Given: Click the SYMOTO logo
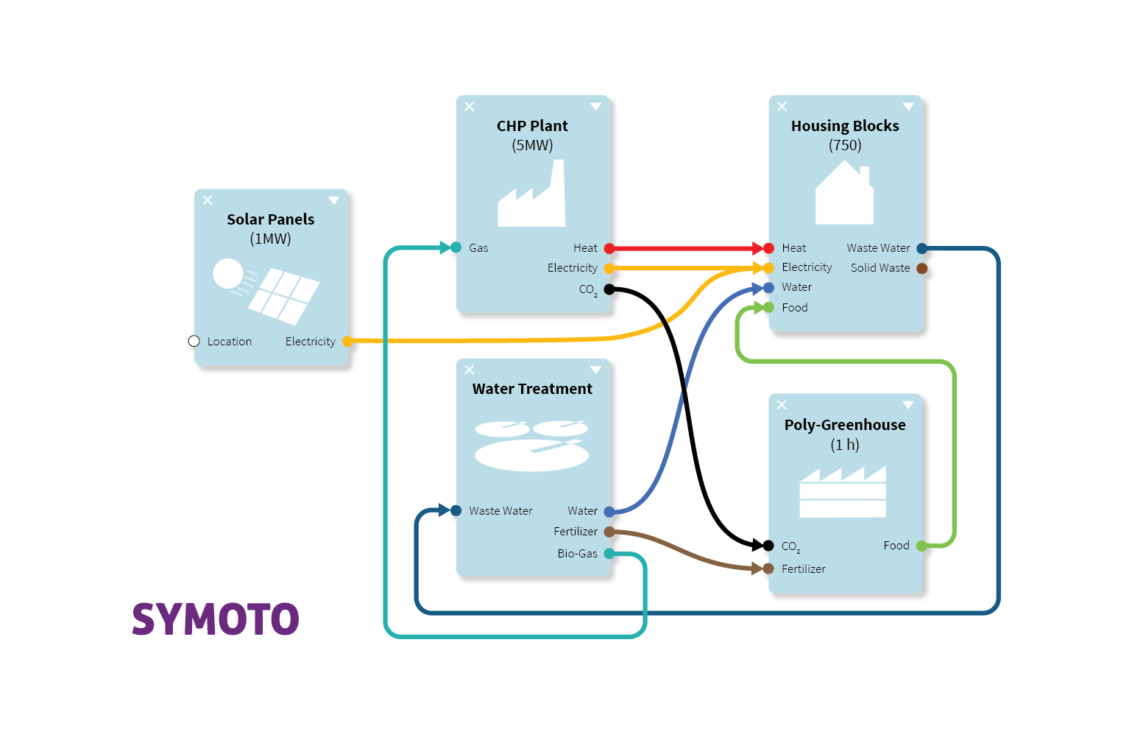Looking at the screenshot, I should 216,619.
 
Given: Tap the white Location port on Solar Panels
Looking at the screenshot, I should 194,341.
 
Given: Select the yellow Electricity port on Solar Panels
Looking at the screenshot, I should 347,341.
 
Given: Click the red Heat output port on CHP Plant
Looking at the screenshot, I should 609,248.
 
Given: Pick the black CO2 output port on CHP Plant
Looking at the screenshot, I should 609,289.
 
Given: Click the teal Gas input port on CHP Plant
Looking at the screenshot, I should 456,247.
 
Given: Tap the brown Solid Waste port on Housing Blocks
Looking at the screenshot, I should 921,268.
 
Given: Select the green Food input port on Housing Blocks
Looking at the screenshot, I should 768,307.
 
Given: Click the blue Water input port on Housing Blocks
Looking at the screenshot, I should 768,287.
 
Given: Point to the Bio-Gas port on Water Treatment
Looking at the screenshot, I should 609,553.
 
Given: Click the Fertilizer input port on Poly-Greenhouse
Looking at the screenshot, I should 768,568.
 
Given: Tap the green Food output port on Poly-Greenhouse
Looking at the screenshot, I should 921,546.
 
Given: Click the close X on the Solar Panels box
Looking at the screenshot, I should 208,200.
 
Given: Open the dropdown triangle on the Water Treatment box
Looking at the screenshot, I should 595,370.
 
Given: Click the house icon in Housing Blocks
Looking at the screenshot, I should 844,194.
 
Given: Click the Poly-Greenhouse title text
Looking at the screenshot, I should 845,425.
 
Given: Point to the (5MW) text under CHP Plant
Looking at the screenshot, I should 532,145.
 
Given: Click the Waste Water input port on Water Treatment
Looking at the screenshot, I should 456,510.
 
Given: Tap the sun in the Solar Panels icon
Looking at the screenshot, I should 228,273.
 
